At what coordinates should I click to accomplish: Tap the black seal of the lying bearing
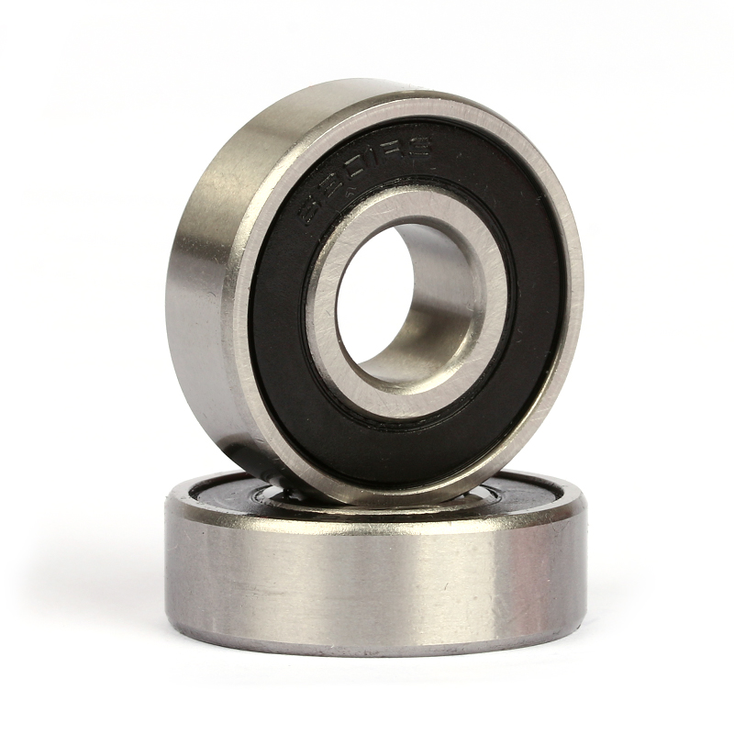coord(220,492)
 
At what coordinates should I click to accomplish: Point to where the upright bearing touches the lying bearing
coord(367,503)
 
